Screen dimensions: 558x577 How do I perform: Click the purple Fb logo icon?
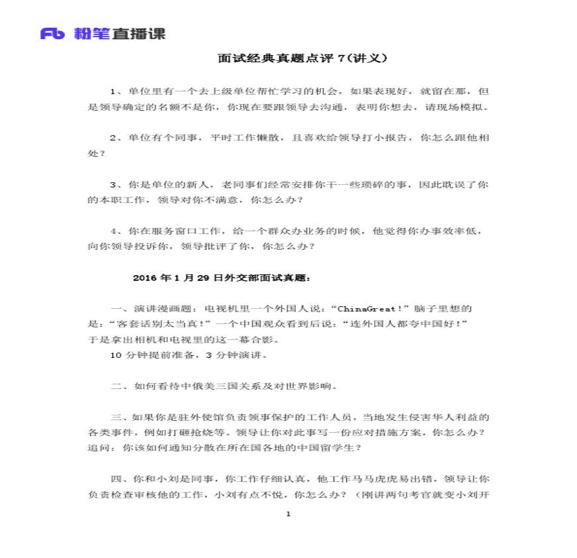pyautogui.click(x=54, y=33)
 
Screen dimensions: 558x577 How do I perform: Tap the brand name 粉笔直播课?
pyautogui.click(x=120, y=33)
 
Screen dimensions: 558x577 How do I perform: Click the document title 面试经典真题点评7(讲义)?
pyautogui.click(x=302, y=58)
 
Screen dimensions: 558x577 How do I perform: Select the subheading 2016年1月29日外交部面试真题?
pyautogui.click(x=222, y=278)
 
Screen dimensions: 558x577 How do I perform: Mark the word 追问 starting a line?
pyautogui.click(x=97, y=447)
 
